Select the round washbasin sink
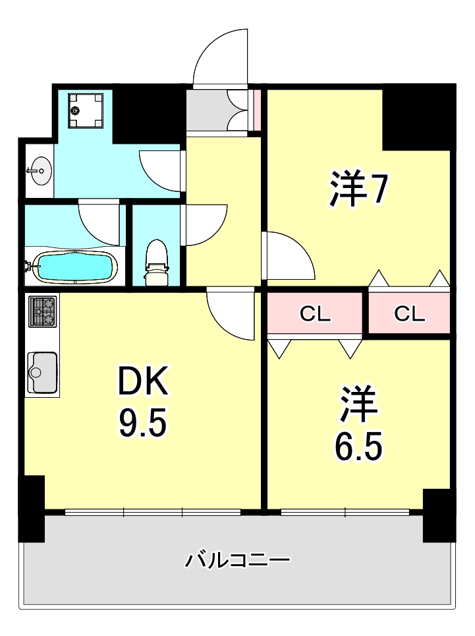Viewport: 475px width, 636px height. click(40, 171)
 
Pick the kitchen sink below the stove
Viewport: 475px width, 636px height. click(43, 372)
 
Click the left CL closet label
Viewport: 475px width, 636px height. click(315, 314)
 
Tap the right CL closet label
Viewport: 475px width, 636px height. click(409, 314)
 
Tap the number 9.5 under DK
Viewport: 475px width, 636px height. click(143, 423)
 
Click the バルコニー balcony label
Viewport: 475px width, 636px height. click(237, 561)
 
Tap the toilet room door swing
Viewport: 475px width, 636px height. click(204, 225)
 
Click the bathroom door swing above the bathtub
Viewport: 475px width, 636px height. click(99, 221)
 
